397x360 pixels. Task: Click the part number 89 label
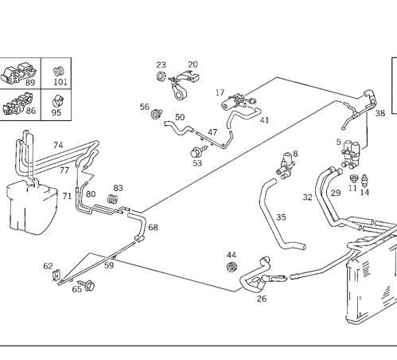tap(30, 83)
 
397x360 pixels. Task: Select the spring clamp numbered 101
tap(59, 71)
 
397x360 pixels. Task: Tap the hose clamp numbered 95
tap(58, 100)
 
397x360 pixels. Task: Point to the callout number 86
tap(31, 111)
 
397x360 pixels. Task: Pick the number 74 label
tap(58, 145)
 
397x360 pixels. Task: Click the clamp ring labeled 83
tap(113, 199)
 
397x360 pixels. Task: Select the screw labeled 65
tap(88, 284)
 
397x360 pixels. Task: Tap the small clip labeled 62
tap(56, 275)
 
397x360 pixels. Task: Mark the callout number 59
tap(109, 265)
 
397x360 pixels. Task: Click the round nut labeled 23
tap(161, 76)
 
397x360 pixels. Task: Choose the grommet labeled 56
tap(157, 114)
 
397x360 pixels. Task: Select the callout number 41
tap(264, 120)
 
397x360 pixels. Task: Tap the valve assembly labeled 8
tap(285, 166)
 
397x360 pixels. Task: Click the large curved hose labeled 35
tap(277, 217)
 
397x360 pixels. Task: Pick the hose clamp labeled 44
tap(232, 267)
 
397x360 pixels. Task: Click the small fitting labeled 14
tap(364, 181)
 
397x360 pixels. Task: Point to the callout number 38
tap(380, 113)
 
